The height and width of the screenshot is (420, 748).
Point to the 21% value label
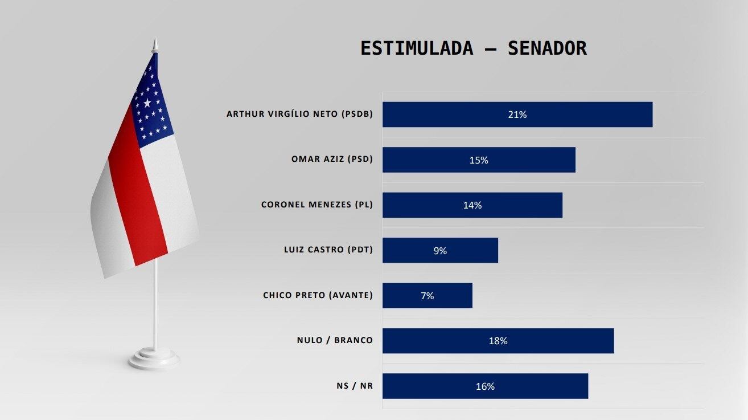click(x=517, y=115)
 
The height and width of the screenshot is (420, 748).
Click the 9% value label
click(x=440, y=250)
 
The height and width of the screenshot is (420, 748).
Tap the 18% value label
click(x=498, y=341)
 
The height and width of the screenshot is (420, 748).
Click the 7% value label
click(x=427, y=296)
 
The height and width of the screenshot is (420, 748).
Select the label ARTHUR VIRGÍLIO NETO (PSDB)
click(x=299, y=114)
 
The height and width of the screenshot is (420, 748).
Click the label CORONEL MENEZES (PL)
click(x=317, y=205)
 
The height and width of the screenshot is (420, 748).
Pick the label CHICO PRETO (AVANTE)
click(x=318, y=295)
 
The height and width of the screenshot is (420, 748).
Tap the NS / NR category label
click(x=355, y=386)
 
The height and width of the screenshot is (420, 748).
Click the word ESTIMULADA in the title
click(x=417, y=48)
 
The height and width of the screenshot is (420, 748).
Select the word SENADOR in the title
click(x=547, y=48)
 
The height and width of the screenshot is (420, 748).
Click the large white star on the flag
click(x=147, y=103)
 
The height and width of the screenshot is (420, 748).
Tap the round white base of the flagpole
click(x=154, y=359)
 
